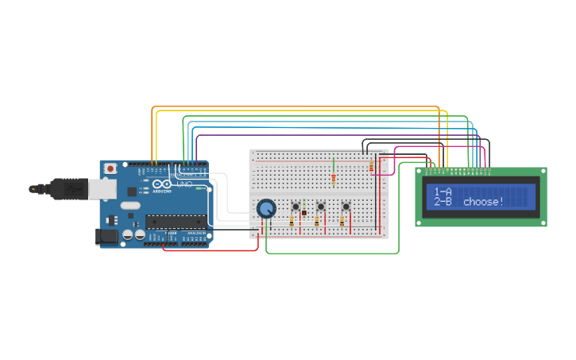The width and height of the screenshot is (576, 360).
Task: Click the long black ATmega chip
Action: tap(175, 222)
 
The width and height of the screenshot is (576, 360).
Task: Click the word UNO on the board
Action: tap(184, 184)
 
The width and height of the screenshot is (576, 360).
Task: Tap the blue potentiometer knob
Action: tap(267, 209)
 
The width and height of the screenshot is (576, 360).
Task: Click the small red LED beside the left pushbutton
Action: tap(304, 213)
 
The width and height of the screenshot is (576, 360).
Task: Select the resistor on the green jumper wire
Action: tap(334, 179)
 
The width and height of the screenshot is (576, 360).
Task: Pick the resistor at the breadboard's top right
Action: tap(371, 166)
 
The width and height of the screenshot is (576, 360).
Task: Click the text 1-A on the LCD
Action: tap(443, 192)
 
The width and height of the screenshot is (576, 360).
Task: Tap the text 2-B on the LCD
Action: tap(443, 202)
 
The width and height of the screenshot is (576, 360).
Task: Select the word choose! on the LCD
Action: tap(483, 202)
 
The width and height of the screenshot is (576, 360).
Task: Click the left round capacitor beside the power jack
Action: tap(127, 235)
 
